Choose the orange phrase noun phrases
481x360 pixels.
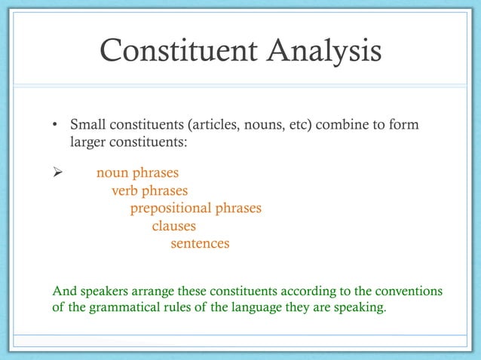click(137, 174)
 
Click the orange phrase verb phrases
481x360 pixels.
click(150, 191)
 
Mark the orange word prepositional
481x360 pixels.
click(170, 209)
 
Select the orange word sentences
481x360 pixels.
click(200, 243)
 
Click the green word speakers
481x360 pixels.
click(104, 291)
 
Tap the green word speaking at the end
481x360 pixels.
click(359, 308)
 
